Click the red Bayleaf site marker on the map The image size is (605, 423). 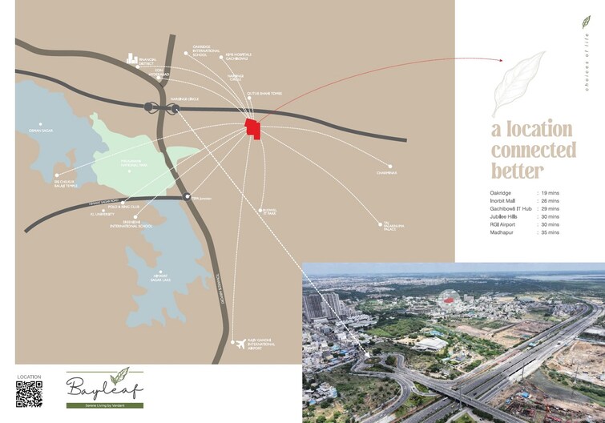253,129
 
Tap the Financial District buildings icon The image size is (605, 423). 132,59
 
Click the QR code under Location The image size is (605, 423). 29,393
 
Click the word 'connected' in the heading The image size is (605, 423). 533,150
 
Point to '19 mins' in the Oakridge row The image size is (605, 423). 550,193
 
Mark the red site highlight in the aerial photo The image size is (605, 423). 449,299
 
